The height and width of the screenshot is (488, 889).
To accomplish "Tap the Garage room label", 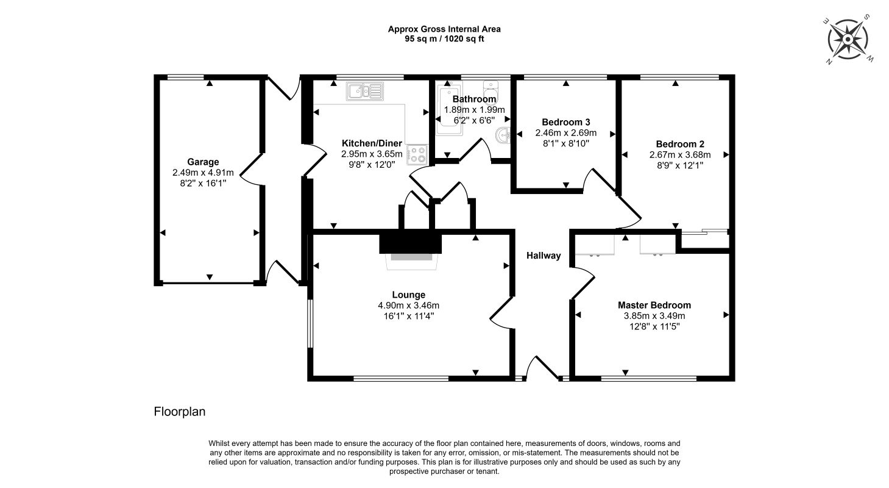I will point(203,162).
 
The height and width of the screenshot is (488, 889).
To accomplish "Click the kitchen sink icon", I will point(365,91).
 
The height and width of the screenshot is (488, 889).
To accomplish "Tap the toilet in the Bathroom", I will point(491,89).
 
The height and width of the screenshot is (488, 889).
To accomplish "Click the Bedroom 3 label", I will point(565,122).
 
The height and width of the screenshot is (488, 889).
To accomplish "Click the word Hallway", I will point(544,256).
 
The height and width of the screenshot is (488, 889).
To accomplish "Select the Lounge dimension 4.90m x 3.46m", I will point(408,306).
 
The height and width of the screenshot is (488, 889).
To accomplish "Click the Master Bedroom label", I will point(654,305).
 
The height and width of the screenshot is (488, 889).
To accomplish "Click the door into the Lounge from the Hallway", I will point(501,314).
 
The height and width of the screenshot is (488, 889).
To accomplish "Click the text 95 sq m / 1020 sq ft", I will point(444,38).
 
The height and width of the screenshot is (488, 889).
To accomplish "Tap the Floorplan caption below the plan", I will point(180,412).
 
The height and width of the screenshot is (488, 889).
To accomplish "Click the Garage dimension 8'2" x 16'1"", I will point(203,182).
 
